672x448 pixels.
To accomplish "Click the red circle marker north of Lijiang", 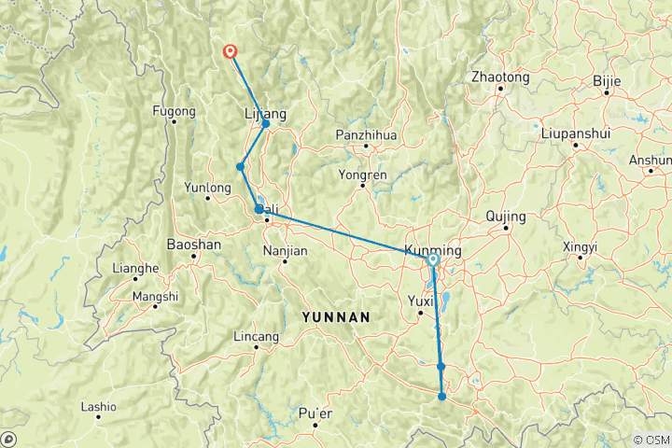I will tap(231, 52).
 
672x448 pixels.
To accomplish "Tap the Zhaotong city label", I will tap(501, 77).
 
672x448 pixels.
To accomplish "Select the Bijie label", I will tap(607, 81).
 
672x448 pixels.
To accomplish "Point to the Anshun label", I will tap(650, 160).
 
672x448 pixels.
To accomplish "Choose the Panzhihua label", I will tap(367, 135).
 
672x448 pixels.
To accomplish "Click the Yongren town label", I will tap(363, 173).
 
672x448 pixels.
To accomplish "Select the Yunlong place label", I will tap(209, 188).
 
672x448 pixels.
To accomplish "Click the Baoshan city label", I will tap(193, 245).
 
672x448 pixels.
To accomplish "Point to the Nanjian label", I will tap(286, 249).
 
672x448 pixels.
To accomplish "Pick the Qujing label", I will tap(507, 217).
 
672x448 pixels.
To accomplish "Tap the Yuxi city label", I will tap(422, 301).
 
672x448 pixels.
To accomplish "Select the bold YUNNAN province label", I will tap(336, 317).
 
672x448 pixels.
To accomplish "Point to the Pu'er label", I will tap(315, 413).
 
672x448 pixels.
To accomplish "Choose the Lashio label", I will tap(99, 406).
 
